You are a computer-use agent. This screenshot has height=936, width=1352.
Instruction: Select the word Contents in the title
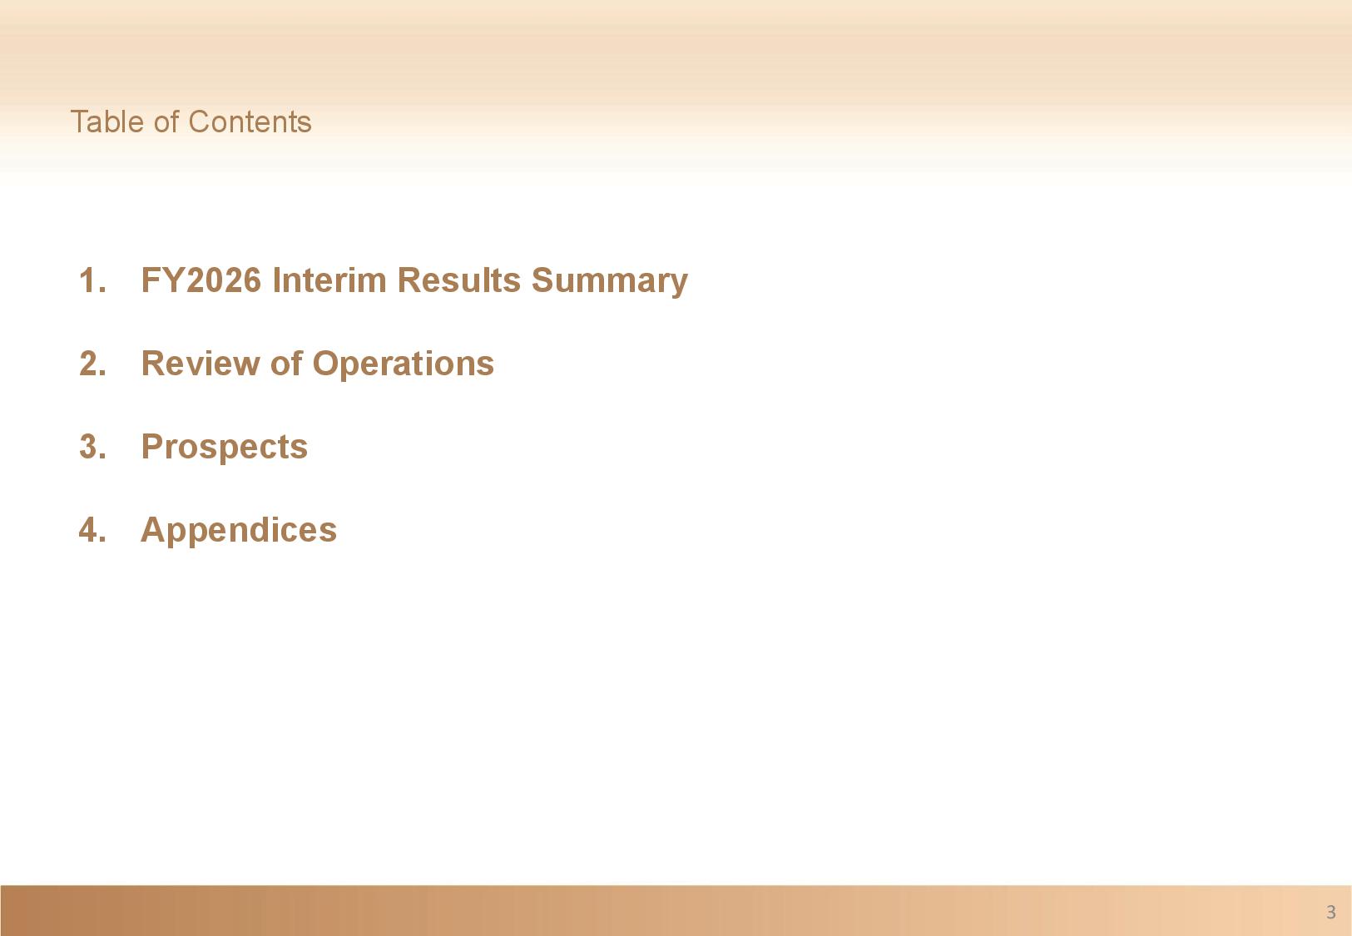250,121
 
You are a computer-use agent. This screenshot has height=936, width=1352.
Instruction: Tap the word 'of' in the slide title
166,121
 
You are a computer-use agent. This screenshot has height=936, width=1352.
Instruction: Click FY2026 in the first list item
201,280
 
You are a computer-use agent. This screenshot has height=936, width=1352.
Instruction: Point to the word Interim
329,280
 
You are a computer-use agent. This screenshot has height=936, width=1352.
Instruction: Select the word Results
458,280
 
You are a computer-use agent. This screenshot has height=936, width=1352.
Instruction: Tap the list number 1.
92,280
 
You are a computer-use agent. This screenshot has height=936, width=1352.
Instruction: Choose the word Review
201,364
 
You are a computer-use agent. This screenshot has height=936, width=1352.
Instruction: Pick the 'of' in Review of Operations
286,364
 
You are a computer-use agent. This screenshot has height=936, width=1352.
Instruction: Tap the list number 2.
92,364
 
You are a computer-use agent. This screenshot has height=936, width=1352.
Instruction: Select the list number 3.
92,447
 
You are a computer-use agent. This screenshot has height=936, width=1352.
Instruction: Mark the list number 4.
92,530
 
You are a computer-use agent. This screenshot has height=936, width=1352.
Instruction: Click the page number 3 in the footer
1331,912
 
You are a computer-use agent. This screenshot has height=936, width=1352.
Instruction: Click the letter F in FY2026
151,280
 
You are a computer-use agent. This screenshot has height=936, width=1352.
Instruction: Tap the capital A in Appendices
153,530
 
